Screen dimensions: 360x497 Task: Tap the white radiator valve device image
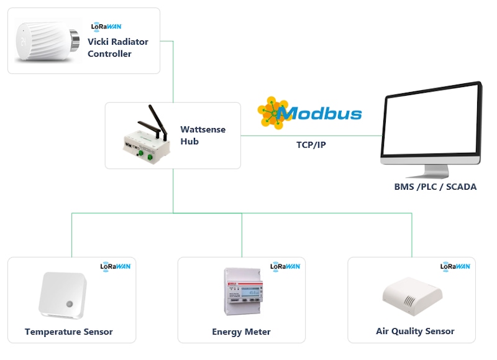(x=47, y=41)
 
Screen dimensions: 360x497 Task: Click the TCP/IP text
(x=311, y=145)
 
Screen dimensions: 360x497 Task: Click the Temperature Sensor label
(x=69, y=331)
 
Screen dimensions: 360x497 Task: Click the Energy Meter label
(x=241, y=331)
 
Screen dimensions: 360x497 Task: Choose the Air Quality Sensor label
(x=415, y=331)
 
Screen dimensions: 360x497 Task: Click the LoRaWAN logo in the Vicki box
(x=106, y=26)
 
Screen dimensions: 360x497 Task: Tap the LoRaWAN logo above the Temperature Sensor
(x=116, y=265)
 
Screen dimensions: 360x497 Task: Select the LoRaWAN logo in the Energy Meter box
(x=285, y=265)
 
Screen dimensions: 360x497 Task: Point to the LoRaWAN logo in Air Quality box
(x=455, y=265)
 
